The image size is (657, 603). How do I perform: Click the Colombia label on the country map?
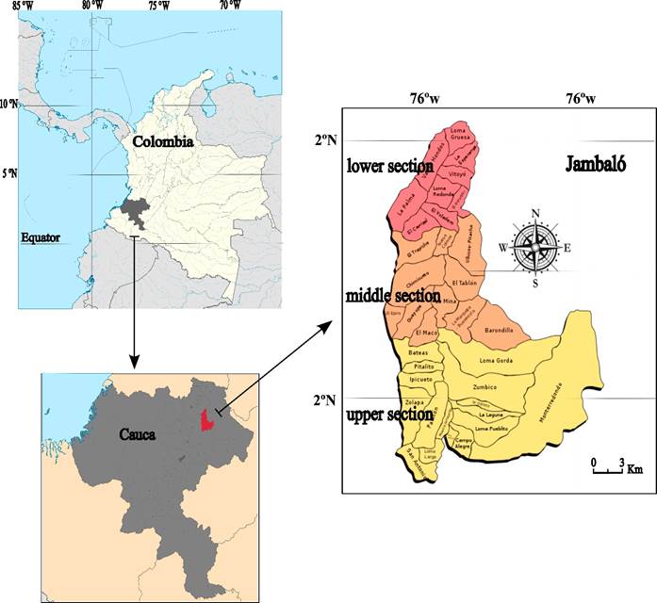[162, 142]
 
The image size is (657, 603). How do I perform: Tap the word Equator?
[41, 237]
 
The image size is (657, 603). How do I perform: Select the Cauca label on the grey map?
[137, 435]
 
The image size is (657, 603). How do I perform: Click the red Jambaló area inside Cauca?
[207, 417]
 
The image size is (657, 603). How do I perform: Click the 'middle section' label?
[393, 296]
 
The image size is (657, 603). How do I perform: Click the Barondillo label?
[498, 331]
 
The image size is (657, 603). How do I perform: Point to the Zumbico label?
[485, 386]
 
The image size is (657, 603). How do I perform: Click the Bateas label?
[419, 351]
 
